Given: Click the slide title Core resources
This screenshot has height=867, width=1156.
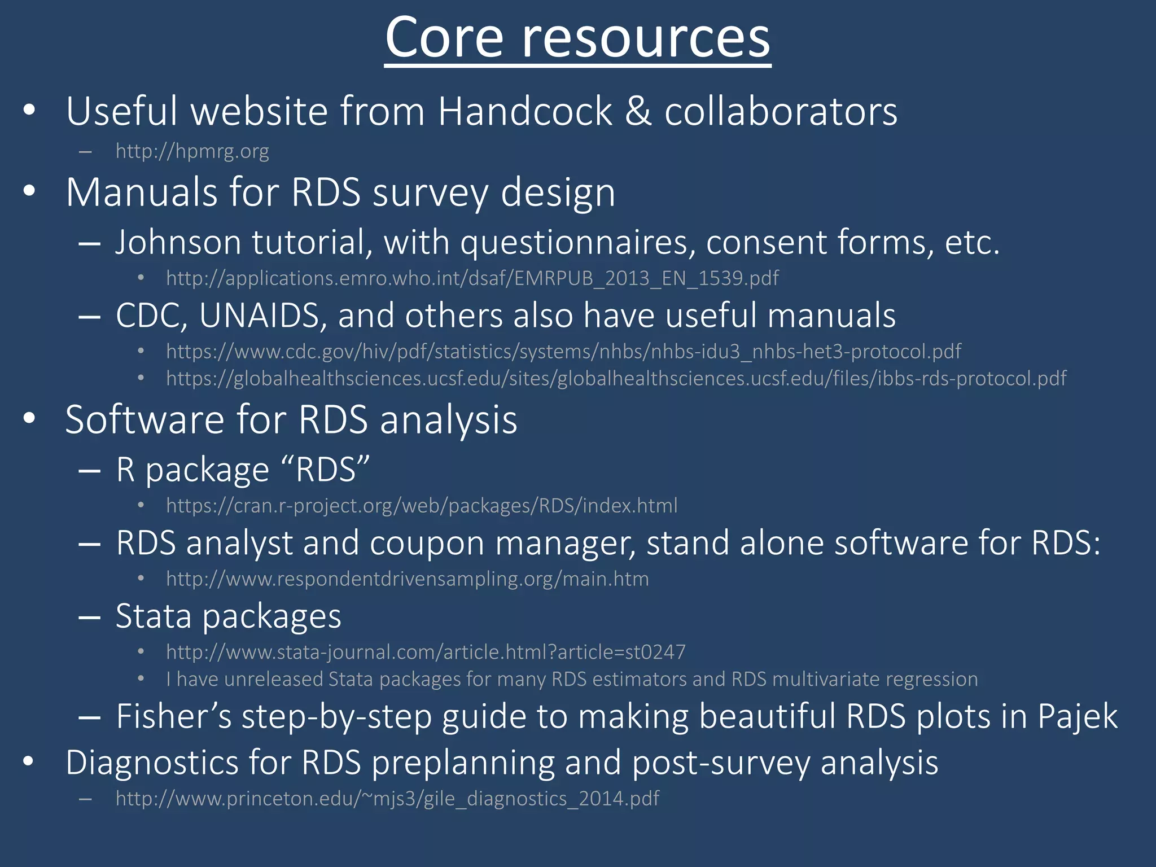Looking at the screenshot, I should (577, 38).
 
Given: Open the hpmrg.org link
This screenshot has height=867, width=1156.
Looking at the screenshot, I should (192, 151).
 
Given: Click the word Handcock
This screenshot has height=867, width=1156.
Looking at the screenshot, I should (524, 111).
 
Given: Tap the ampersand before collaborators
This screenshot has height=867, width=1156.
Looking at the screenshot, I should (638, 111).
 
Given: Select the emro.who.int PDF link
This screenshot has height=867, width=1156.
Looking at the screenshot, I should (472, 278).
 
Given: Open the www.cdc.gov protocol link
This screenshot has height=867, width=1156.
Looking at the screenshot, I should (563, 352).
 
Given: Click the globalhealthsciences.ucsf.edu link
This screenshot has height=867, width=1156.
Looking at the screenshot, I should (616, 378).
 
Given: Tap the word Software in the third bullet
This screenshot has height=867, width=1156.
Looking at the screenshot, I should (144, 420).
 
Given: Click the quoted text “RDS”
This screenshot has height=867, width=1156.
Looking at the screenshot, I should (325, 470).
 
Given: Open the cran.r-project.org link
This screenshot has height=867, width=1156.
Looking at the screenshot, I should (421, 506).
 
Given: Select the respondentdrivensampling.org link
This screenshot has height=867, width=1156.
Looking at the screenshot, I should (407, 579).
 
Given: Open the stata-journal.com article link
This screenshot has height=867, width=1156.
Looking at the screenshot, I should (426, 653).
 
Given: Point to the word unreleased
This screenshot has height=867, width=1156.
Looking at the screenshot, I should (274, 679).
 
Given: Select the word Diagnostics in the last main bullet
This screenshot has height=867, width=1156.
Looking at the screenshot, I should (152, 763).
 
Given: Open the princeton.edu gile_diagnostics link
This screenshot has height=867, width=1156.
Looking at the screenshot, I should (387, 799).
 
